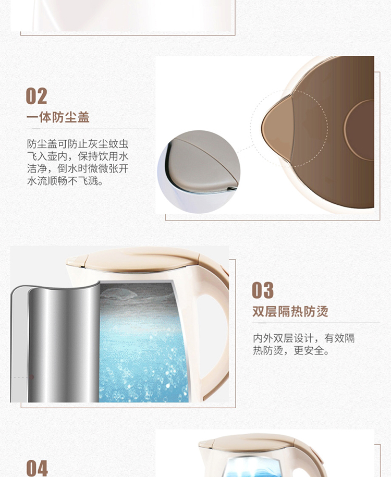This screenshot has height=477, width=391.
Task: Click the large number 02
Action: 36,96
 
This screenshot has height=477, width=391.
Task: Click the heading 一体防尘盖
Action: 58,117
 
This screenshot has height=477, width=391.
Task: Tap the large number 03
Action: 263,290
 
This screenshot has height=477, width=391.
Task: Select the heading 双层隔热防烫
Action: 290,312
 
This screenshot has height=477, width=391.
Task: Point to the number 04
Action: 37,468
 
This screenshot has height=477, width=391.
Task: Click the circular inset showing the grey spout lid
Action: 199,172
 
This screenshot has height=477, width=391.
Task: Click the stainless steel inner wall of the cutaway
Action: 64,344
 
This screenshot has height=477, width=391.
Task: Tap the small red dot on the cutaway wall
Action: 31,377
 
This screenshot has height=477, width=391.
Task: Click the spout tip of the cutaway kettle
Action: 70,261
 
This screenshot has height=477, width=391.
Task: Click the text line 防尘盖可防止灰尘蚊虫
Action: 78,144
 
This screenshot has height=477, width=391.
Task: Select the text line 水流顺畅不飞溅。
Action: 65,181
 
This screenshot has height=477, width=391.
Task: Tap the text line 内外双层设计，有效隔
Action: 303,338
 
